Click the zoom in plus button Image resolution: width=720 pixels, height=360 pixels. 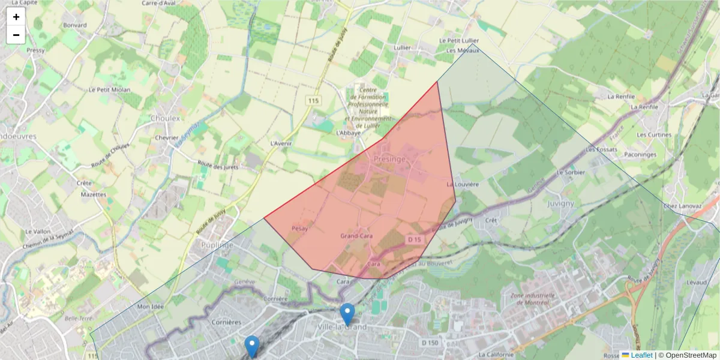(16, 17)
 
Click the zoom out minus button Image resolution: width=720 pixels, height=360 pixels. (16, 35)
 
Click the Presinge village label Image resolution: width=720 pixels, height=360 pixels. (389, 159)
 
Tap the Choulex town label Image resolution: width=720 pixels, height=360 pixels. (165, 118)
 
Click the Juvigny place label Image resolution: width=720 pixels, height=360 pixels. (560, 203)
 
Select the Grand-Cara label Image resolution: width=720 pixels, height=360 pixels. (356, 236)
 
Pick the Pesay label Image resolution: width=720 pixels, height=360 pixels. (299, 229)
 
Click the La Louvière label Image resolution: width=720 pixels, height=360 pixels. (463, 184)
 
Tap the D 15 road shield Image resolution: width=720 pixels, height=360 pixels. (414, 239)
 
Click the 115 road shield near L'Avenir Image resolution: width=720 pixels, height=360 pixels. (312, 101)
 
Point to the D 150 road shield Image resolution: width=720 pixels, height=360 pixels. (430, 343)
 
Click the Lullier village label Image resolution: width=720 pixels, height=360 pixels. (403, 47)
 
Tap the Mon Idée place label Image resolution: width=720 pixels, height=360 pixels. (151, 306)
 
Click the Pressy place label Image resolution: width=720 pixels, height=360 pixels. (35, 50)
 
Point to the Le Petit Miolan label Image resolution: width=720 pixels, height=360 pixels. (109, 89)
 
